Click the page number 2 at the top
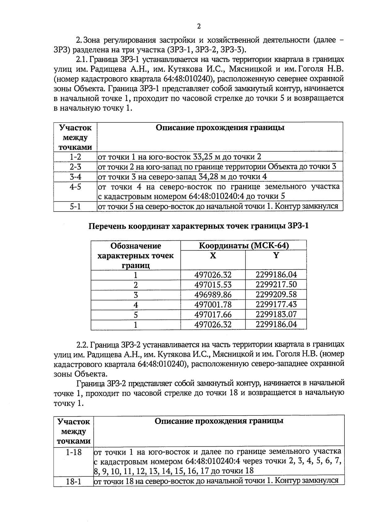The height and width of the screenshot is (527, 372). point(199,26)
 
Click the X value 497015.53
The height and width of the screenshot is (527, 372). point(213,285)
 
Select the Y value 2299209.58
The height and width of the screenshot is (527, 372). point(276,295)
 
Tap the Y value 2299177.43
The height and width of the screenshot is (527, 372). point(276,305)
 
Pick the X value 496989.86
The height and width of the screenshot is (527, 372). point(213,295)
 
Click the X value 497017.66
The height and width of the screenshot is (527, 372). point(213,315)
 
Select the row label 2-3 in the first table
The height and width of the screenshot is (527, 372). point(75,167)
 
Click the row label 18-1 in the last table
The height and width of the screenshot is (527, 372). point(73,482)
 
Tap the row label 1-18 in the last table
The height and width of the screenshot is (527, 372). point(73,452)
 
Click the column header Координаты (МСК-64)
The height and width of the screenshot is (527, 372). point(244,246)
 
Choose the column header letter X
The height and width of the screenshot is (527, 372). point(213,256)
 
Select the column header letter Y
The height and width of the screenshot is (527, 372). point(276,256)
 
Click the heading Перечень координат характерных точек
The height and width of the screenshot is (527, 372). point(198,226)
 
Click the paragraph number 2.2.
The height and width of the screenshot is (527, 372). point(83,345)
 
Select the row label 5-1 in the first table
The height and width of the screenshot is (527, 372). point(75,207)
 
